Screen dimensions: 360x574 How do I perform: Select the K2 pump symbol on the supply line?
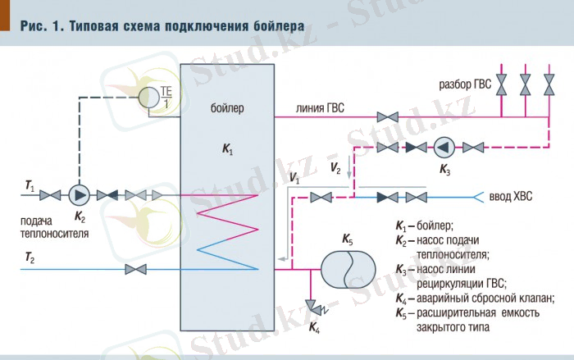(80, 195)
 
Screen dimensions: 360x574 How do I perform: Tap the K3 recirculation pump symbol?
(444, 147)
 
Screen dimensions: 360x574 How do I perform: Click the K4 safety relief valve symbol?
(313, 307)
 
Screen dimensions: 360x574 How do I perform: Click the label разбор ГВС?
(464, 84)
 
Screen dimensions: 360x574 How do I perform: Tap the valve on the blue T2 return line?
(130, 270)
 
